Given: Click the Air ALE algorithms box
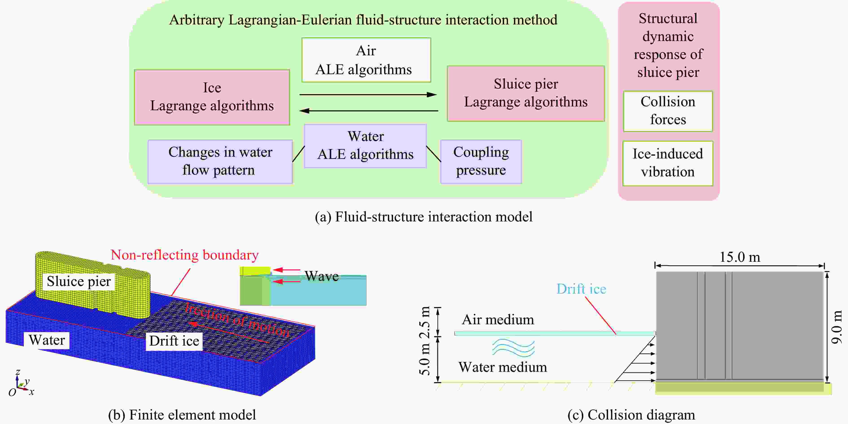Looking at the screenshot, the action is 366,60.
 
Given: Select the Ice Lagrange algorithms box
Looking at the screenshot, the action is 212,97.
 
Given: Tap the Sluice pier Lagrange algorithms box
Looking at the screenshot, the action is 526,93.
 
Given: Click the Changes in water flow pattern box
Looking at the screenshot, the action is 220,162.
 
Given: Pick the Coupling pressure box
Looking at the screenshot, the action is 481,162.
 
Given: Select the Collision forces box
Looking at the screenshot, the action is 668,111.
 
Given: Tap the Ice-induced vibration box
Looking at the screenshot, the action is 668,163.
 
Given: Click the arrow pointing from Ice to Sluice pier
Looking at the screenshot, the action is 368,95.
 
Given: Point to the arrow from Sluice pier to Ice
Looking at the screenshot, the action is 369,111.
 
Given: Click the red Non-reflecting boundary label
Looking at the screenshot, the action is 185,255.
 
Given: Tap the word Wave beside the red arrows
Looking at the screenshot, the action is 322,276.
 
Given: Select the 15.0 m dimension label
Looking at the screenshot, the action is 740,257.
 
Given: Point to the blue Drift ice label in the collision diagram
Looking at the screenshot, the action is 581,289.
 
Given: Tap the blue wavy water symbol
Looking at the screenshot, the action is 513,348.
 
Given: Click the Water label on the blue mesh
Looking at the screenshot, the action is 47,340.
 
